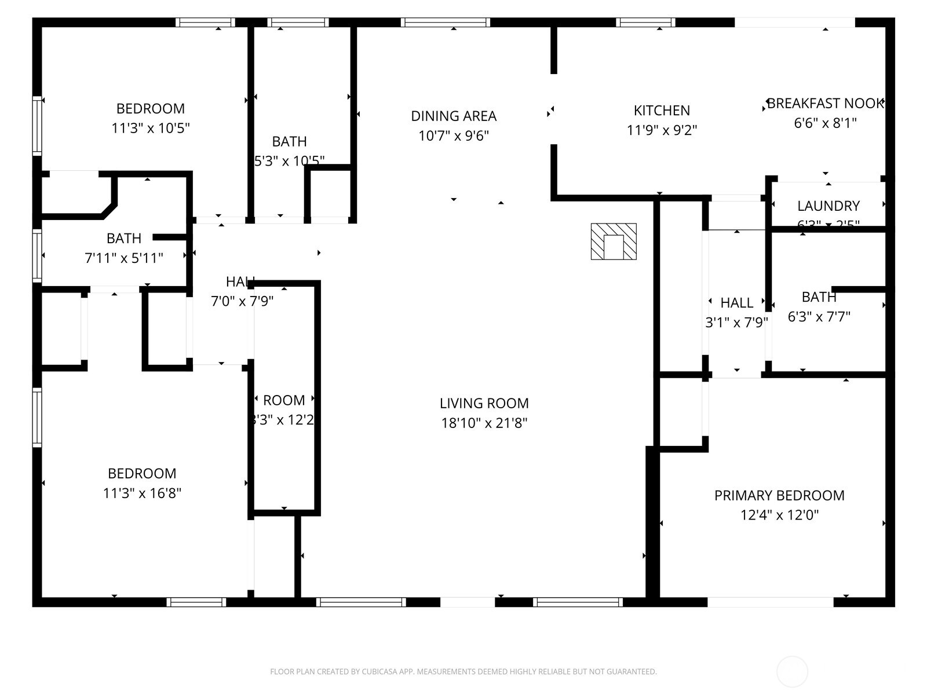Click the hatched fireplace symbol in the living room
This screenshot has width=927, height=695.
[614, 241]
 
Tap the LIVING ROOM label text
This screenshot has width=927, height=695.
[484, 403]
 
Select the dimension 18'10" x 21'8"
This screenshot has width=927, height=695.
[484, 423]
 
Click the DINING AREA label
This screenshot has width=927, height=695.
[454, 116]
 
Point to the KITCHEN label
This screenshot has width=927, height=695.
[662, 110]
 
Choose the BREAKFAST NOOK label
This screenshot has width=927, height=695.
[825, 104]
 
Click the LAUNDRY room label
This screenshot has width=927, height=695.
[828, 206]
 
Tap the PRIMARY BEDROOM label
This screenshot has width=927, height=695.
[779, 495]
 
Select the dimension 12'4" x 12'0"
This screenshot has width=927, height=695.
[779, 515]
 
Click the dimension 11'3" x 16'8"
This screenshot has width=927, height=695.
[142, 493]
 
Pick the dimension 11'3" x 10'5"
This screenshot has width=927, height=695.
[151, 128]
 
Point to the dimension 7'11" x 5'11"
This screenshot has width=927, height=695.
[124, 258]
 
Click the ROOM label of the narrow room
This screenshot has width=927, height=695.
[284, 400]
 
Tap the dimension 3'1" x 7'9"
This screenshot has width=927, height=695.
[736, 323]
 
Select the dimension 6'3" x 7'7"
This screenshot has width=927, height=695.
[819, 317]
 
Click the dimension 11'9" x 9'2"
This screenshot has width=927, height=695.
[662, 130]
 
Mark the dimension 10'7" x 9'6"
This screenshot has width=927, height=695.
[454, 136]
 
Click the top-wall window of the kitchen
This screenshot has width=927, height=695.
[645, 23]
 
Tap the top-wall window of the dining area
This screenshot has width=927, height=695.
[445, 23]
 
